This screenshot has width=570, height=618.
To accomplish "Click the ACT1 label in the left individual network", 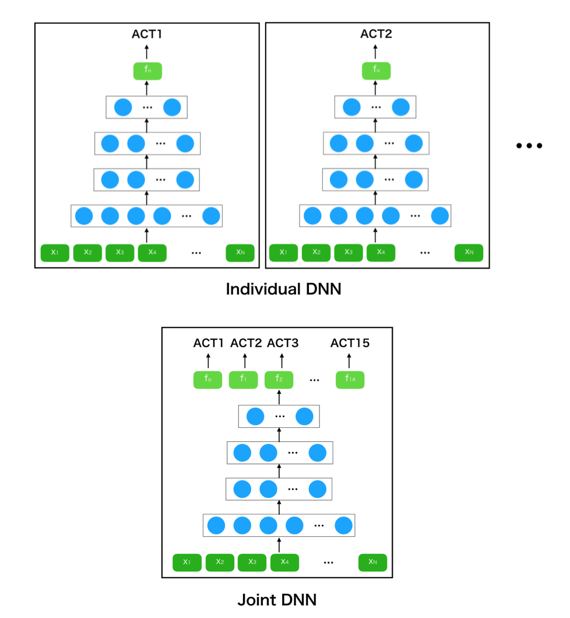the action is pyautogui.click(x=146, y=34).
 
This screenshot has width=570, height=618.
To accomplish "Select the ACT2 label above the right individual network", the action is pyautogui.click(x=376, y=34).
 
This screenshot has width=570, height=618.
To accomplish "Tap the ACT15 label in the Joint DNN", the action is pyautogui.click(x=350, y=343).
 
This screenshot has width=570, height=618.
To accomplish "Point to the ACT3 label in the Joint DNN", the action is pyautogui.click(x=283, y=343).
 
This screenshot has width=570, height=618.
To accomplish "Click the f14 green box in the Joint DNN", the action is pyautogui.click(x=350, y=380).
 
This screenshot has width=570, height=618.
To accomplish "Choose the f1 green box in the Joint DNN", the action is pyautogui.click(x=243, y=380).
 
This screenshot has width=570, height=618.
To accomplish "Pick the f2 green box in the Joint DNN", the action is pyautogui.click(x=279, y=380).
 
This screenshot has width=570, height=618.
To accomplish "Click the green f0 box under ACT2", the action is pyautogui.click(x=376, y=71).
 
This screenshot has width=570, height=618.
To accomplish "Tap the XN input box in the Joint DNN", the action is pyautogui.click(x=372, y=563).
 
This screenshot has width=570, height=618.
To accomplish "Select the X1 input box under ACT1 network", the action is pyautogui.click(x=55, y=252).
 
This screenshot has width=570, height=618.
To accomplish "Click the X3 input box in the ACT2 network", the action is pyautogui.click(x=349, y=252).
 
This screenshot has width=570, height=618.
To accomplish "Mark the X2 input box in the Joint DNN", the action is pyautogui.click(x=220, y=563).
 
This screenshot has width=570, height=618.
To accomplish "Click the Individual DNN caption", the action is pyautogui.click(x=283, y=289).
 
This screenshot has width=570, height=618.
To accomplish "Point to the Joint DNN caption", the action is pyautogui.click(x=277, y=600).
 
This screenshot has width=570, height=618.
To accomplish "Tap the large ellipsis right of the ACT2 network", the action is pyautogui.click(x=529, y=146).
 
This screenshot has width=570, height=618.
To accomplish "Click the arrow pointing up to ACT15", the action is pyautogui.click(x=349, y=361).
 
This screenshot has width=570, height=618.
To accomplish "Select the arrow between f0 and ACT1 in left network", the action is pyautogui.click(x=146, y=52).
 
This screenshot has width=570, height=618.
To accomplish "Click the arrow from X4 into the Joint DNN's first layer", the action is pyautogui.click(x=279, y=545).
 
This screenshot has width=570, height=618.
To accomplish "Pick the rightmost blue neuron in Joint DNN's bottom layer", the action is pyautogui.click(x=343, y=525).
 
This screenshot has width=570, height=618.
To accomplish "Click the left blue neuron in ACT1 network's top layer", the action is pyautogui.click(x=123, y=107).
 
